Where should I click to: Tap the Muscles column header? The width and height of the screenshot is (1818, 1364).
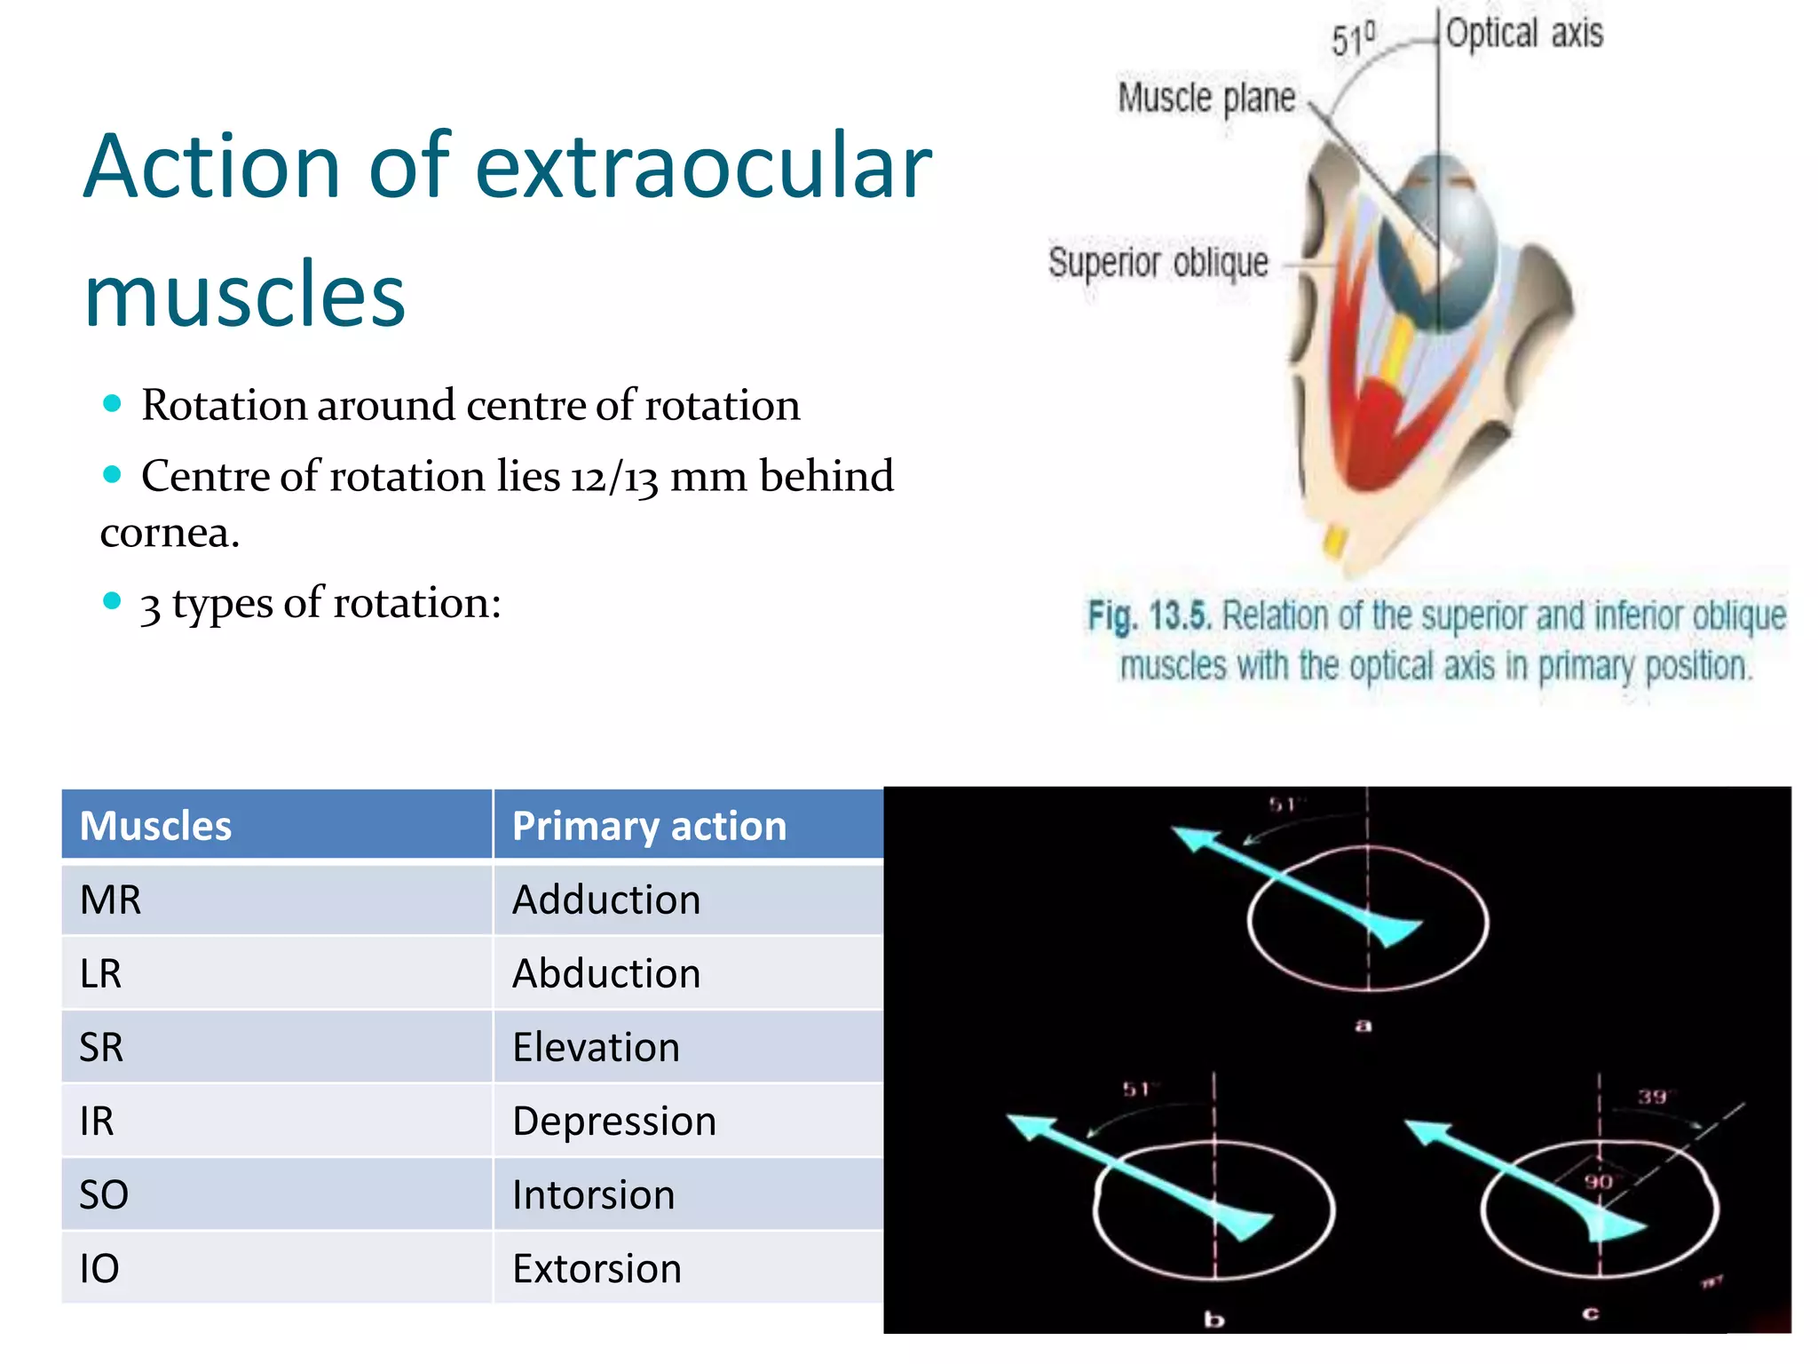click(155, 826)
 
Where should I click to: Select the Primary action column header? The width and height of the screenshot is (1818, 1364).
click(649, 826)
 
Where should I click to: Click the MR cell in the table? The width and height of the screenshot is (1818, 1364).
click(111, 900)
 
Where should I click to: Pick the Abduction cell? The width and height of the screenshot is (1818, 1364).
click(606, 973)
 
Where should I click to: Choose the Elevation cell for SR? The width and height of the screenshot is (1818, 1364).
click(596, 1047)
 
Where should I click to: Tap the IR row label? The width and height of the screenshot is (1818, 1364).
click(97, 1121)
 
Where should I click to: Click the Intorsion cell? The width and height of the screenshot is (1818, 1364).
click(593, 1194)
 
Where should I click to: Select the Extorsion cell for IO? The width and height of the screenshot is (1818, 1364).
click(597, 1268)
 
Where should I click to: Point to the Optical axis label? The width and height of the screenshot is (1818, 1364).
click(1524, 34)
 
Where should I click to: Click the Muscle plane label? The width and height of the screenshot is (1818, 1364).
click(1206, 98)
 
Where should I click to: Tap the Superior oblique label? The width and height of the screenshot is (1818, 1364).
click(1158, 262)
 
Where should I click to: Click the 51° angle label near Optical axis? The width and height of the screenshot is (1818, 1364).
click(1353, 39)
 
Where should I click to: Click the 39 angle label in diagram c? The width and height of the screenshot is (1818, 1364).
click(1652, 1097)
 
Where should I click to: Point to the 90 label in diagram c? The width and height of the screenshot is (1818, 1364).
click(1598, 1182)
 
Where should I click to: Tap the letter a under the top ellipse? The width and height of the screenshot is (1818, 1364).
click(1363, 1026)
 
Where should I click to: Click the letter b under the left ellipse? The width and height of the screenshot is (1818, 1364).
click(1213, 1320)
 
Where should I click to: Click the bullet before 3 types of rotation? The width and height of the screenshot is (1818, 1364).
click(112, 601)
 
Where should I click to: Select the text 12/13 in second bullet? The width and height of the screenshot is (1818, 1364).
click(613, 477)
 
